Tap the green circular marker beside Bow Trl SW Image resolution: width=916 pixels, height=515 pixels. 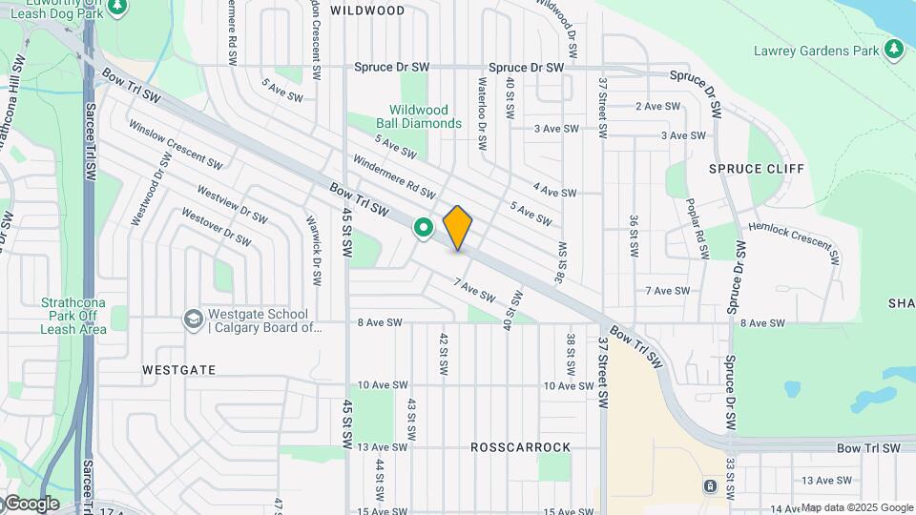click(423, 228)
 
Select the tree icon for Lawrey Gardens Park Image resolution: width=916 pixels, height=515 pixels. click(894, 49)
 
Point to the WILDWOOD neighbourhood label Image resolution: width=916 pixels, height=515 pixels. click(367, 10)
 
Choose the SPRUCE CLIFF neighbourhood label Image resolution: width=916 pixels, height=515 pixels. click(757, 169)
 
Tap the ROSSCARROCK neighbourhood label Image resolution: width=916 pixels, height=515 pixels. click(520, 447)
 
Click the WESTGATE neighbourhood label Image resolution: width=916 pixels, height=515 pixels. click(178, 369)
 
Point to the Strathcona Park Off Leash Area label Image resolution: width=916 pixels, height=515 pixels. click(71, 316)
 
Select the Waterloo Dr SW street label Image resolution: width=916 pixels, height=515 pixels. click(483, 104)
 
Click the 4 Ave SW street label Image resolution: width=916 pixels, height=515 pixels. click(554, 193)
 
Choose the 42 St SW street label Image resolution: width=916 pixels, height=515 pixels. click(444, 354)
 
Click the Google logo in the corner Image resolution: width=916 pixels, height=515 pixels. click(31, 504)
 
